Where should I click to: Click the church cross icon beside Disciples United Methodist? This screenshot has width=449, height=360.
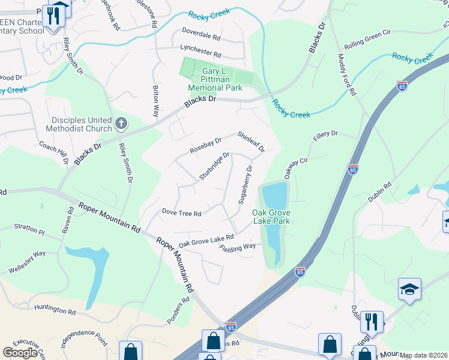[x=121, y=124]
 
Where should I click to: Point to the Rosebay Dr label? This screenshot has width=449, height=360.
[x=206, y=146]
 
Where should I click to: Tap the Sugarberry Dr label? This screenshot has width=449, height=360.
[x=246, y=185]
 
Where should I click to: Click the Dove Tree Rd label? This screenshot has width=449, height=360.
[x=181, y=212]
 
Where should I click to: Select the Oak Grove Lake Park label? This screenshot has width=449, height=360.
[x=271, y=217]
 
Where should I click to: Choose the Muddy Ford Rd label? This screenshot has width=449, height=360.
[x=347, y=74]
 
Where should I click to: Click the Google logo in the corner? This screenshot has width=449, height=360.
[x=19, y=353]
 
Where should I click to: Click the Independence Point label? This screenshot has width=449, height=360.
[x=83, y=337]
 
